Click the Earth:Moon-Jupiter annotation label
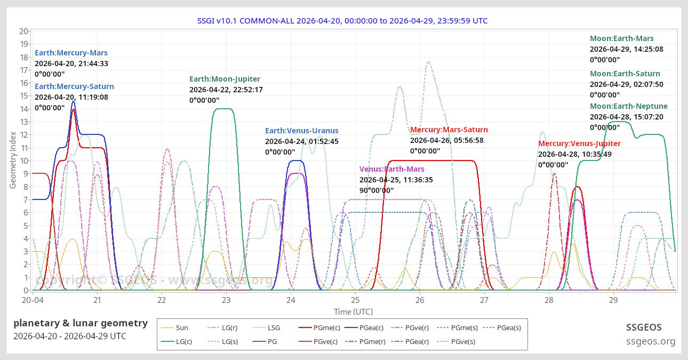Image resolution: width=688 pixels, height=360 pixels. tap(225, 79)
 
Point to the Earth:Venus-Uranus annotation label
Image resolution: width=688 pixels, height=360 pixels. tap(301, 131)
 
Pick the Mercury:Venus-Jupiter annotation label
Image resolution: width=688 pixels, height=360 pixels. tap(579, 143)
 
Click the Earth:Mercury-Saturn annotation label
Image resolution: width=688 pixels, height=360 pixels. tap(74, 86)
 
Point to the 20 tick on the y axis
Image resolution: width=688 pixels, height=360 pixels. tap(23, 31)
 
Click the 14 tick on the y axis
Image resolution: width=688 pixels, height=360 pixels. tap(23, 109)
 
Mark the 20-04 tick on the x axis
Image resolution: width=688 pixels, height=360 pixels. tap(33, 300)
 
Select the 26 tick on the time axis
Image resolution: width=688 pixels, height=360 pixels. tap(420, 300)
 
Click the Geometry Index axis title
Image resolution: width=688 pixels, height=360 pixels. tap(13, 161)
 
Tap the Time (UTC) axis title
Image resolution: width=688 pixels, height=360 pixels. tap(353, 311)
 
